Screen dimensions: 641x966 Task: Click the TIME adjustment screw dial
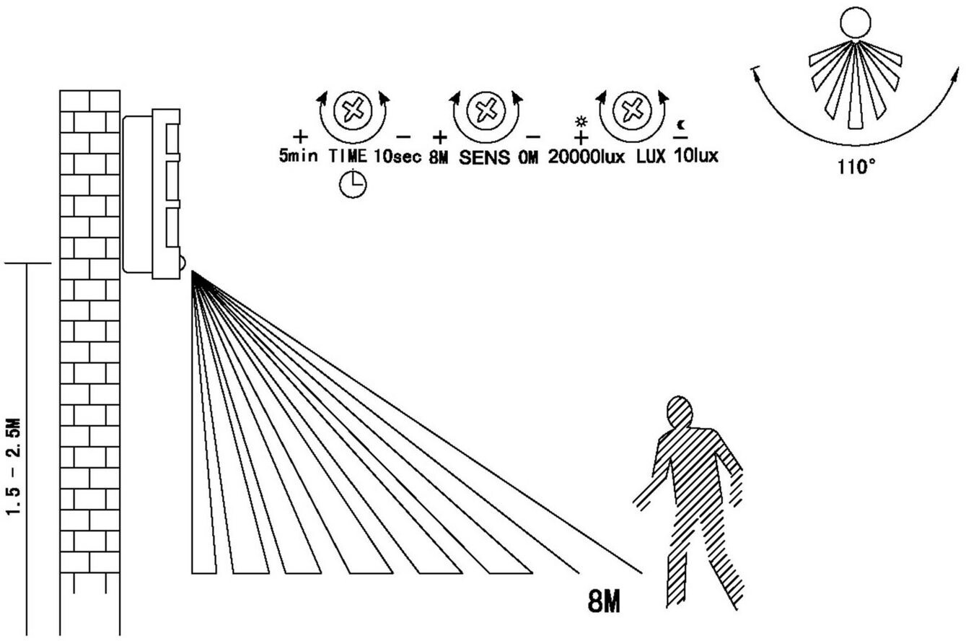point(354,110)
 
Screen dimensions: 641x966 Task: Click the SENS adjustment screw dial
point(483,110)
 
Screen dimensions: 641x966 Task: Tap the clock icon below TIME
point(353,184)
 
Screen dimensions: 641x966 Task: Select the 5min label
point(298,156)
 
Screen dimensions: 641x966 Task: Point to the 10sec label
point(398,156)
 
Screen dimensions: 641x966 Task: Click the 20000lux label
point(586,156)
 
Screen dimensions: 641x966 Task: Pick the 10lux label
point(696,156)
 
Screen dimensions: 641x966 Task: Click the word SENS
point(483,157)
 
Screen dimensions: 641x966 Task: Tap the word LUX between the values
point(650,156)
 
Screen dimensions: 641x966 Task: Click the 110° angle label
point(856,167)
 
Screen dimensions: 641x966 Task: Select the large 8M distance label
point(604,601)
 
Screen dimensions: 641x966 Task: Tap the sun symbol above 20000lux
point(581,121)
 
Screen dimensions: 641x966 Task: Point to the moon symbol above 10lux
point(681,124)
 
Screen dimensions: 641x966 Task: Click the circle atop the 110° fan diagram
point(856,22)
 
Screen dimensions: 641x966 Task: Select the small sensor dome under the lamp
point(182,262)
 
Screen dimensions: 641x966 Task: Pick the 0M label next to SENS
point(527,157)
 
